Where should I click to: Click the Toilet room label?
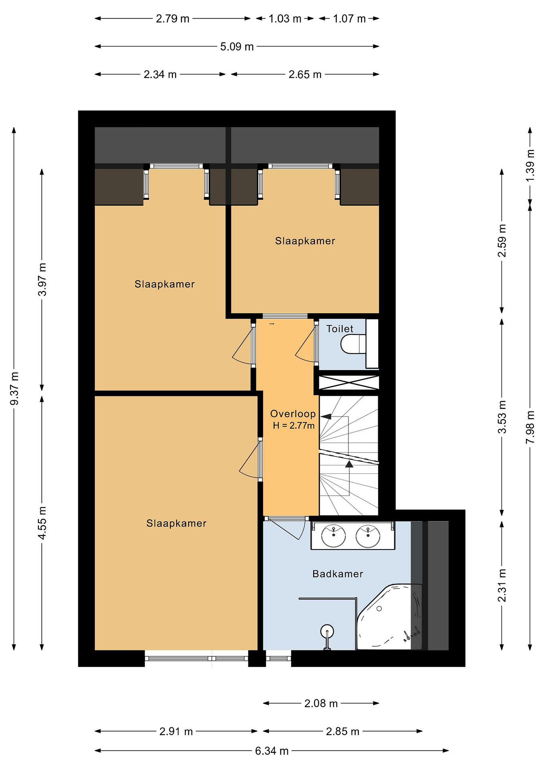(x=340, y=329)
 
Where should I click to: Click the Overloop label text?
(x=293, y=414)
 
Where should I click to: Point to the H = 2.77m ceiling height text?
(x=293, y=426)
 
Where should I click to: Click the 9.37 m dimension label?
(x=14, y=389)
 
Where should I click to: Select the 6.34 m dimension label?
(x=272, y=751)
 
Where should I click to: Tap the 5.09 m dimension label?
(x=237, y=46)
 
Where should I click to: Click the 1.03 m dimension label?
(x=285, y=19)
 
